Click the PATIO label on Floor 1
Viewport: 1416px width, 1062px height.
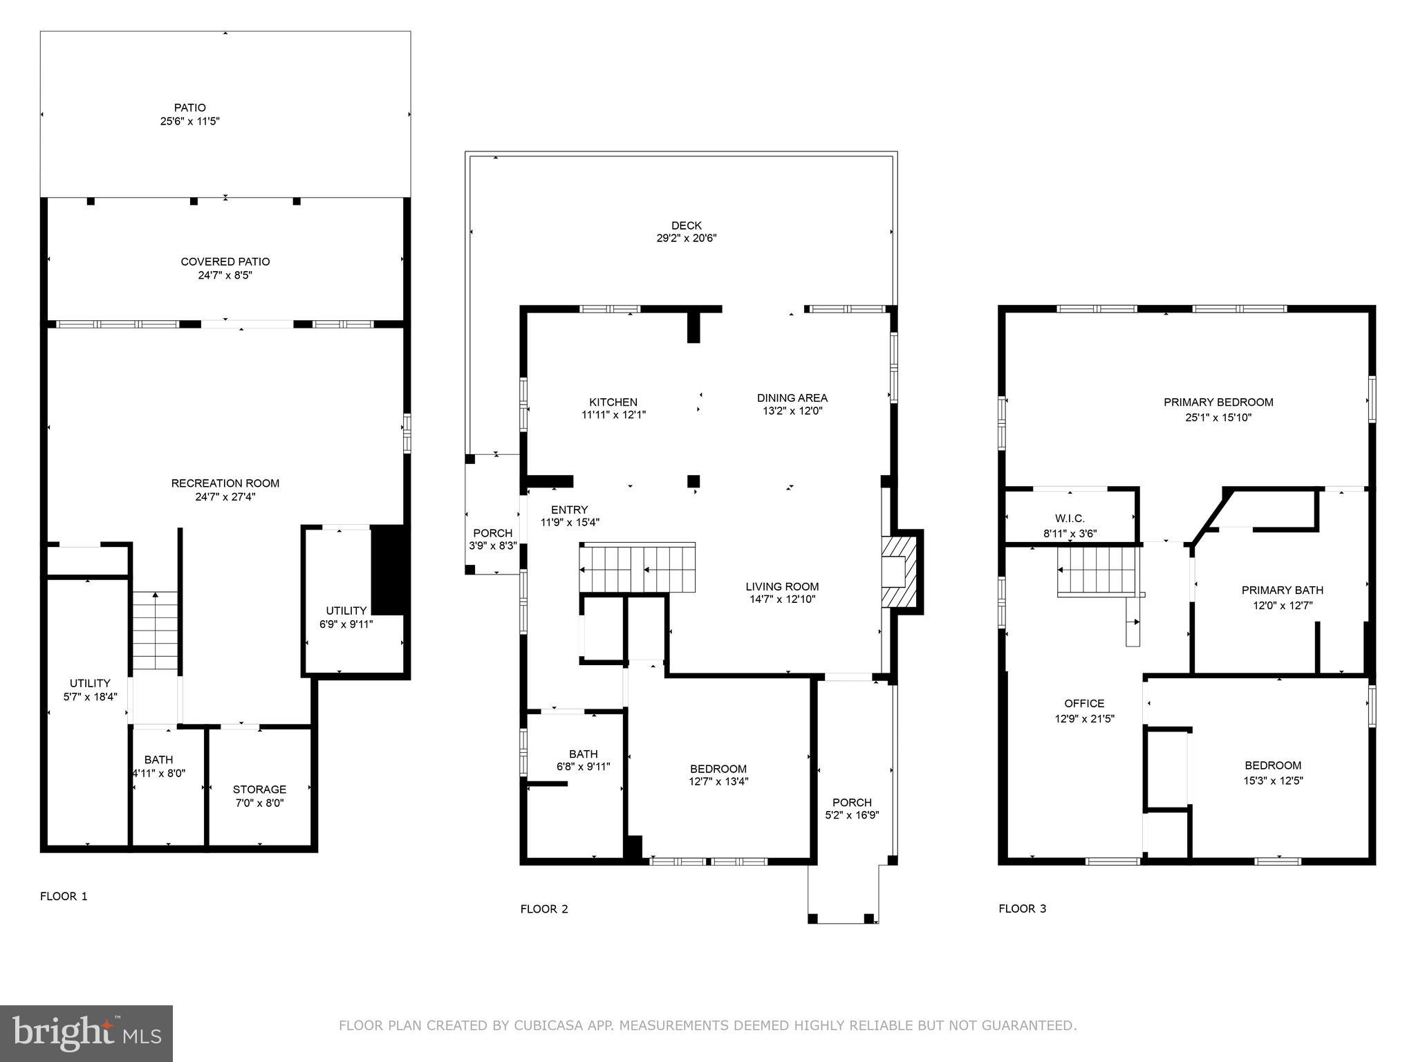(189, 108)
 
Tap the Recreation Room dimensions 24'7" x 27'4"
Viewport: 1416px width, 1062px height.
(225, 496)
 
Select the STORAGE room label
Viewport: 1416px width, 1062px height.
(259, 789)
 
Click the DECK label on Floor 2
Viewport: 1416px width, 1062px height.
(686, 225)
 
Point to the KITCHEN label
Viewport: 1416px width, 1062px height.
(613, 402)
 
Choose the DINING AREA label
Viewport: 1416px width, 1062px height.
(792, 398)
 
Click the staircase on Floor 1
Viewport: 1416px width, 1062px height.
(156, 631)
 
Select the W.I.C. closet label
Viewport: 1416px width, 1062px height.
(1070, 519)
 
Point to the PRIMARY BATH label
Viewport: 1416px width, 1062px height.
(1282, 590)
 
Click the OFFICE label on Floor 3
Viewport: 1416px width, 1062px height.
(1083, 703)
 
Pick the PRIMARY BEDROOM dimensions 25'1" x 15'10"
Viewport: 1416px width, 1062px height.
(1218, 418)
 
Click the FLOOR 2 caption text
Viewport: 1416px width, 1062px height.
(544, 909)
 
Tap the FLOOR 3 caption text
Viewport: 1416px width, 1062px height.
(1022, 909)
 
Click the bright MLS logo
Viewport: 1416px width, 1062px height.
(86, 1033)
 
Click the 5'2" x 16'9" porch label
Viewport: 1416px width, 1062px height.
(852, 815)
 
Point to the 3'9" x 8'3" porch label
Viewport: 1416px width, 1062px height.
(492, 546)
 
